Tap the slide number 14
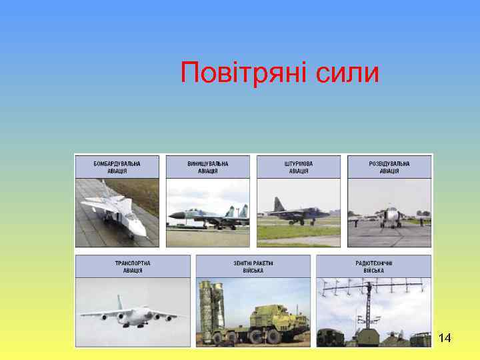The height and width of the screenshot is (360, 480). click(445, 339)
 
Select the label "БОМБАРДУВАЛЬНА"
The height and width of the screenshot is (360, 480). click(117, 163)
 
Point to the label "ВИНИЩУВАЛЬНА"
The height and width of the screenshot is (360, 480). click(207, 163)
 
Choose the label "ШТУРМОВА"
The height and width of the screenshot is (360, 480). click(298, 163)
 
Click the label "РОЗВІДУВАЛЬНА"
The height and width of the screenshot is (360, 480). click(389, 163)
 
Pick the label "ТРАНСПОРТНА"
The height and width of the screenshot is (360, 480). click(133, 263)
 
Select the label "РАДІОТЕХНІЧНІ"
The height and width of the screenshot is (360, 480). click(374, 263)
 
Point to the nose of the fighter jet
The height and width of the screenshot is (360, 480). click(171, 215)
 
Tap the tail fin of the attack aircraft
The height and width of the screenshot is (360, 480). click(274, 203)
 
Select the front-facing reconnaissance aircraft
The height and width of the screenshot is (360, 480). click(391, 215)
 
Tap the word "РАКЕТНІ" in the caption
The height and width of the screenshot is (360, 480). click(265, 263)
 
